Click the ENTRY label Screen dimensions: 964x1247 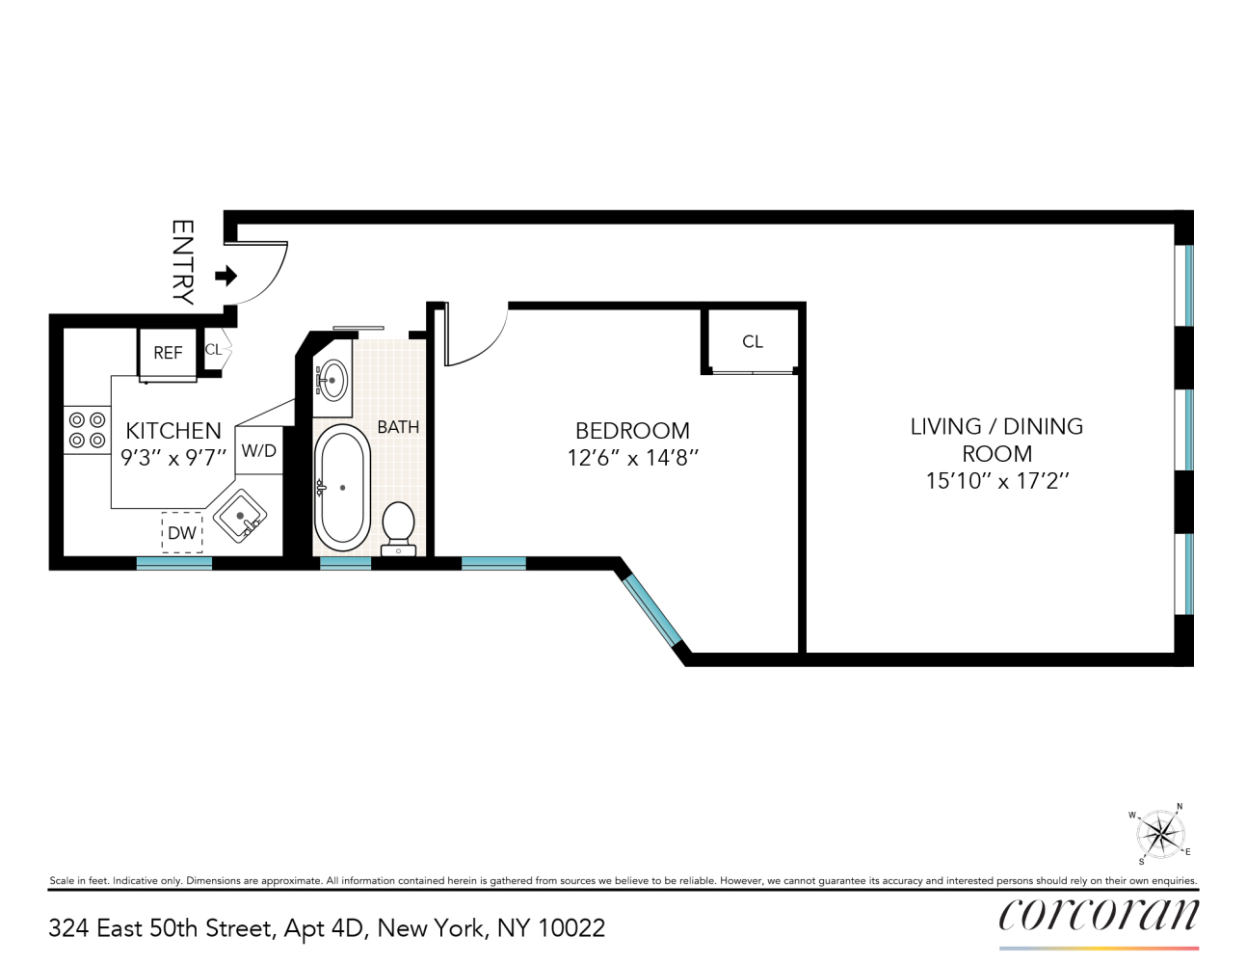[x=182, y=262]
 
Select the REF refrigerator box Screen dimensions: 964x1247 [x=168, y=353]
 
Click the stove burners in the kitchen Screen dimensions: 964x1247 [x=86, y=430]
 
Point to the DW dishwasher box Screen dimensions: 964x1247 [x=182, y=532]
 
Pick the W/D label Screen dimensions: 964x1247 [x=258, y=451]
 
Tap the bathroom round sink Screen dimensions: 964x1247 [x=332, y=379]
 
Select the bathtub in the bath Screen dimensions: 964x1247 [x=342, y=487]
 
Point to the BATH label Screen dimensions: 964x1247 [x=398, y=426]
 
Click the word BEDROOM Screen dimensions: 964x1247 [x=632, y=431]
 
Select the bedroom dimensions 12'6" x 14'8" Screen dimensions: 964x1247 [x=632, y=458]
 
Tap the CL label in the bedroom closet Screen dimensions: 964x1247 [x=753, y=341]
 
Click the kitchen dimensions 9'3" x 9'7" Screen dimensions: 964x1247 [x=173, y=458]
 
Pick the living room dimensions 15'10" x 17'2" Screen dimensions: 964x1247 [x=997, y=480]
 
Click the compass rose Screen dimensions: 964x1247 [x=1159, y=834]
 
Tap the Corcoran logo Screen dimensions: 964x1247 [x=1099, y=915]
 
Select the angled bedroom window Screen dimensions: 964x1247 [x=652, y=611]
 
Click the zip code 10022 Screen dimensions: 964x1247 [x=571, y=928]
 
